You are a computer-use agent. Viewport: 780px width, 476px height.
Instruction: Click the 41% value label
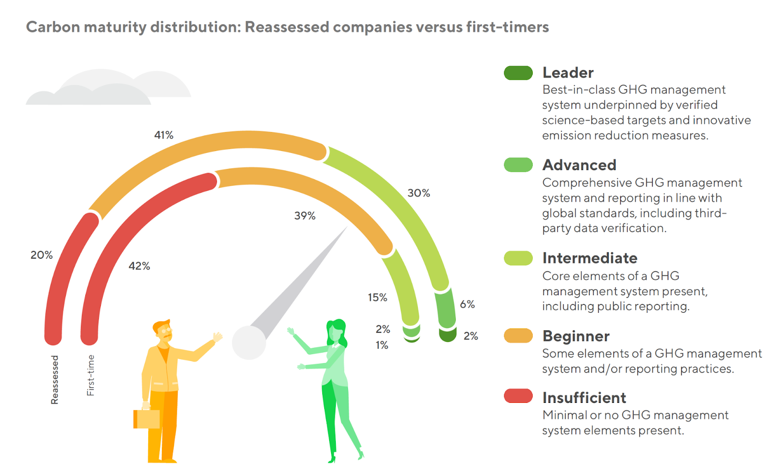pyautogui.click(x=164, y=135)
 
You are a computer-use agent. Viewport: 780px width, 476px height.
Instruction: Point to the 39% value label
pyautogui.click(x=305, y=216)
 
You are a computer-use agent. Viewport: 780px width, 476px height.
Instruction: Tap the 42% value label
pyautogui.click(x=139, y=266)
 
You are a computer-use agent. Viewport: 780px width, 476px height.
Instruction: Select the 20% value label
pyautogui.click(x=41, y=255)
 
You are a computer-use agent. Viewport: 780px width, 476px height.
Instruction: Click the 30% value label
pyautogui.click(x=419, y=193)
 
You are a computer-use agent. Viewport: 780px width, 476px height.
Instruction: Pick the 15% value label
pyautogui.click(x=377, y=298)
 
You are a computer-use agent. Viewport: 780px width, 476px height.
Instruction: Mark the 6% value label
pyautogui.click(x=467, y=305)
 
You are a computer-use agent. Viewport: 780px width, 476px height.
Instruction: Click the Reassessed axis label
pyautogui.click(x=55, y=380)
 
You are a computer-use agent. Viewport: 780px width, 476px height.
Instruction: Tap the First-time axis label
pyautogui.click(x=91, y=375)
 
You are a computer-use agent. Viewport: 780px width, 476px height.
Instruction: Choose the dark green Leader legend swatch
pyautogui.click(x=518, y=73)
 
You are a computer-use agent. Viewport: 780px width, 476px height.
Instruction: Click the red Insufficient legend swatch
pyautogui.click(x=518, y=396)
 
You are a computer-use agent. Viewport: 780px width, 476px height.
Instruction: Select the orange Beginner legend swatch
pyautogui.click(x=518, y=336)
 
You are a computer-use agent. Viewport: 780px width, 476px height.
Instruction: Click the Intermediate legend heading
pyautogui.click(x=589, y=258)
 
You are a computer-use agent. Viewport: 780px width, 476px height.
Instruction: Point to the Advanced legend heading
pyautogui.click(x=579, y=165)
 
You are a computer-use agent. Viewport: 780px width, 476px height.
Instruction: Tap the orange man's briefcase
pyautogui.click(x=147, y=419)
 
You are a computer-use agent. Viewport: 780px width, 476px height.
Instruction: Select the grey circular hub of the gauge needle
pyautogui.click(x=249, y=343)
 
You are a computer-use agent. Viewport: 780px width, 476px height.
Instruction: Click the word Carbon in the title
pyautogui.click(x=53, y=27)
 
